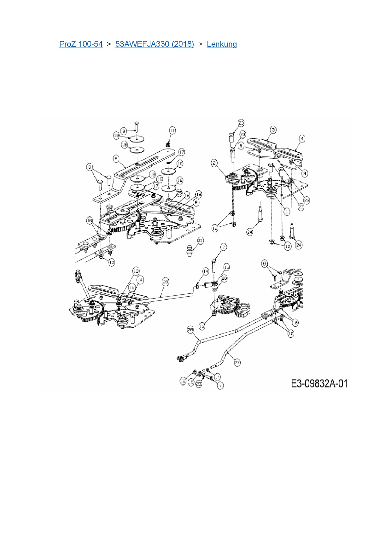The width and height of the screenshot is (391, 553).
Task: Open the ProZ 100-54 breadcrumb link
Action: (x=81, y=44)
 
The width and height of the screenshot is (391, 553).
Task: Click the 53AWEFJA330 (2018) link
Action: (x=155, y=44)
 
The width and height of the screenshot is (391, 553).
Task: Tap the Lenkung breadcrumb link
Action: (x=222, y=44)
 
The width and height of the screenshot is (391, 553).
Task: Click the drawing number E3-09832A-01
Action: (x=319, y=383)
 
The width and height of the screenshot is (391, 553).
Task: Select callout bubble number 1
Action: (x=287, y=212)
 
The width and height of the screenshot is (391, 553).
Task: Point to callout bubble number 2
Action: (x=214, y=163)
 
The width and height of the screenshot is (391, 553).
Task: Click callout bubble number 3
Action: (x=273, y=130)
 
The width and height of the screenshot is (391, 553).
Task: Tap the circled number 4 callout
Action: (x=302, y=138)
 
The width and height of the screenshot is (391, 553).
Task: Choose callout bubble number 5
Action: (x=116, y=158)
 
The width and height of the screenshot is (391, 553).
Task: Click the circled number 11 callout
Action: (x=172, y=130)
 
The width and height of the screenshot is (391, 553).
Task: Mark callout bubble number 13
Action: (x=136, y=271)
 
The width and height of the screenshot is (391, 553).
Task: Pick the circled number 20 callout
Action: (x=224, y=278)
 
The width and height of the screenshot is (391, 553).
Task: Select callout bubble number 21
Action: (x=200, y=241)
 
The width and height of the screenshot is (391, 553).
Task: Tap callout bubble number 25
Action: (x=179, y=193)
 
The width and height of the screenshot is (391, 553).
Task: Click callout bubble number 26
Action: (x=166, y=282)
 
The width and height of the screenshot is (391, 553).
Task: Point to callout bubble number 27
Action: (x=237, y=363)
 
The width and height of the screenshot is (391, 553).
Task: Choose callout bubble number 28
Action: (x=190, y=330)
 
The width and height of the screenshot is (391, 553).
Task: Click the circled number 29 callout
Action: (x=199, y=384)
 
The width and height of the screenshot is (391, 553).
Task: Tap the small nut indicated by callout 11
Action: (x=168, y=144)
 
